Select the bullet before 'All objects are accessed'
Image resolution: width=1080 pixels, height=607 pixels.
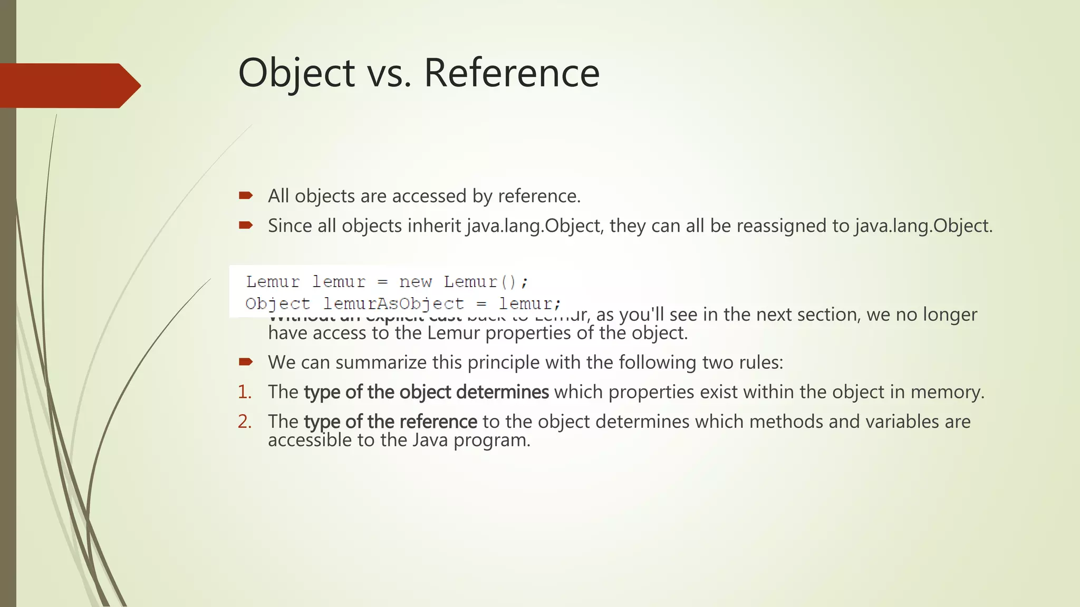point(246,196)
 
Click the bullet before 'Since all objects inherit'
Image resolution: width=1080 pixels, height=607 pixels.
point(246,226)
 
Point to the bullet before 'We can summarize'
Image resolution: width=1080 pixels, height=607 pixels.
point(246,362)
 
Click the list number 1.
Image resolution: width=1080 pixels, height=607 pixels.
point(244,392)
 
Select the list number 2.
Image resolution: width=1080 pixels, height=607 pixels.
point(244,422)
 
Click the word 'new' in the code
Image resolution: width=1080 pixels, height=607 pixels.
point(415,282)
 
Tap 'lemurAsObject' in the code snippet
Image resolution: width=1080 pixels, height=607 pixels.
point(393,304)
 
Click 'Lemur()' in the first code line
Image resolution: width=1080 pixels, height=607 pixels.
point(485,282)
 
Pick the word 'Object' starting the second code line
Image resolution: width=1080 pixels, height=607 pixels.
point(277,304)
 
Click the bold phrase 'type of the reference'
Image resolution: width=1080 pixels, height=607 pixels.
point(390,422)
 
